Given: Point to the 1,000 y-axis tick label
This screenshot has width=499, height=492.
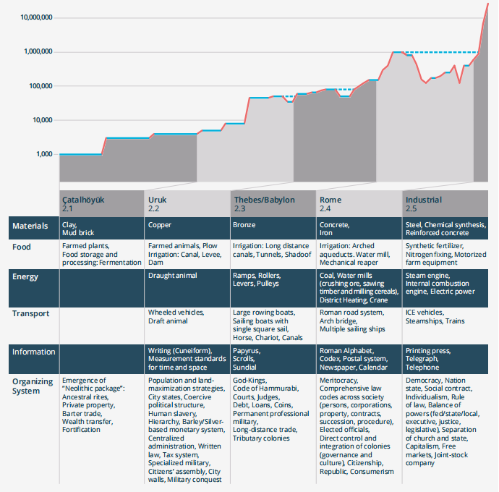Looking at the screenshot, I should (41, 154).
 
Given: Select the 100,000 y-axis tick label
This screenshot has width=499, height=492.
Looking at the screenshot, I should (36, 85).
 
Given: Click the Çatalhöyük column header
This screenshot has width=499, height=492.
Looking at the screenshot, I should (84, 200).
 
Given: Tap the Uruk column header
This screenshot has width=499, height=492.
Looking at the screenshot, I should (158, 200).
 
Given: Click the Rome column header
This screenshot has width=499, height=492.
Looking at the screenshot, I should (330, 200).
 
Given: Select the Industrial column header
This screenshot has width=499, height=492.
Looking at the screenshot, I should (424, 200).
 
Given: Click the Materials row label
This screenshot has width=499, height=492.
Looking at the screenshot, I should (30, 226).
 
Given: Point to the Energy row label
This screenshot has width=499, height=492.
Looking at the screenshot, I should (25, 276).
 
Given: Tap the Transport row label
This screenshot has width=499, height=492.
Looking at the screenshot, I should (30, 313).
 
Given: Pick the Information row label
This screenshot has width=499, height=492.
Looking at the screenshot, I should (34, 352).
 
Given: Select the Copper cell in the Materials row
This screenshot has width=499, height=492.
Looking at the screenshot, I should (160, 226).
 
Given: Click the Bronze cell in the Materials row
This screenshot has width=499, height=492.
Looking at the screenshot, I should (244, 226).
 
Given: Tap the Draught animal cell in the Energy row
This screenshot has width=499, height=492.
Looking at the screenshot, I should (174, 276).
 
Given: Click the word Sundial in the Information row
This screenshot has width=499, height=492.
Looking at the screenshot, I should (245, 368).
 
